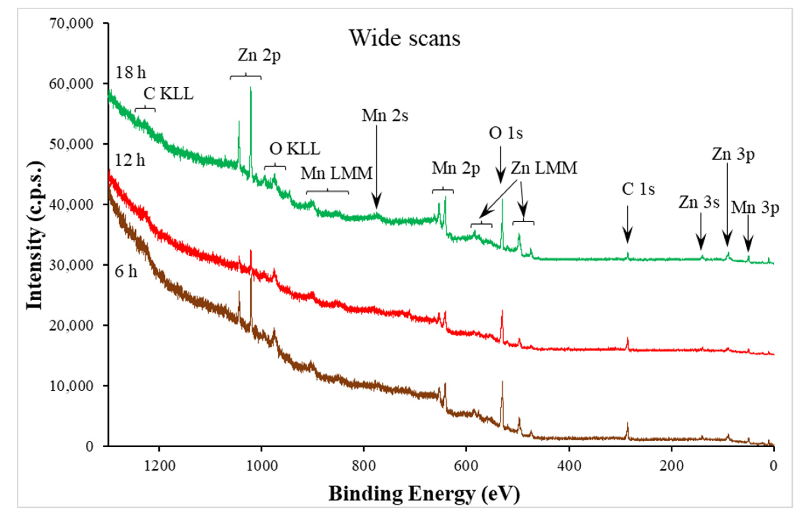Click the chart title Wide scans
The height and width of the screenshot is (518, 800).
click(x=405, y=38)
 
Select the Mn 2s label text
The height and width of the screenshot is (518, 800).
click(x=385, y=116)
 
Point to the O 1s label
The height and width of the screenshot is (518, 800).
click(x=505, y=133)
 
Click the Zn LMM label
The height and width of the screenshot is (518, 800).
click(x=544, y=168)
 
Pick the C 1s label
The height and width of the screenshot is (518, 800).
click(x=638, y=189)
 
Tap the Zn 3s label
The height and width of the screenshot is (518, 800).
click(x=699, y=203)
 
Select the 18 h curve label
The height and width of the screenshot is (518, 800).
click(x=130, y=72)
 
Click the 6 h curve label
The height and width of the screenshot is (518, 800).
click(x=126, y=271)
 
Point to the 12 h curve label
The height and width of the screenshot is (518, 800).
click(x=130, y=160)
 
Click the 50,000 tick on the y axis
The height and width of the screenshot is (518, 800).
click(x=71, y=144)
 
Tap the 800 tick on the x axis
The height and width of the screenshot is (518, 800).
click(x=364, y=466)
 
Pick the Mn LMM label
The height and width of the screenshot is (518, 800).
click(x=336, y=173)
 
